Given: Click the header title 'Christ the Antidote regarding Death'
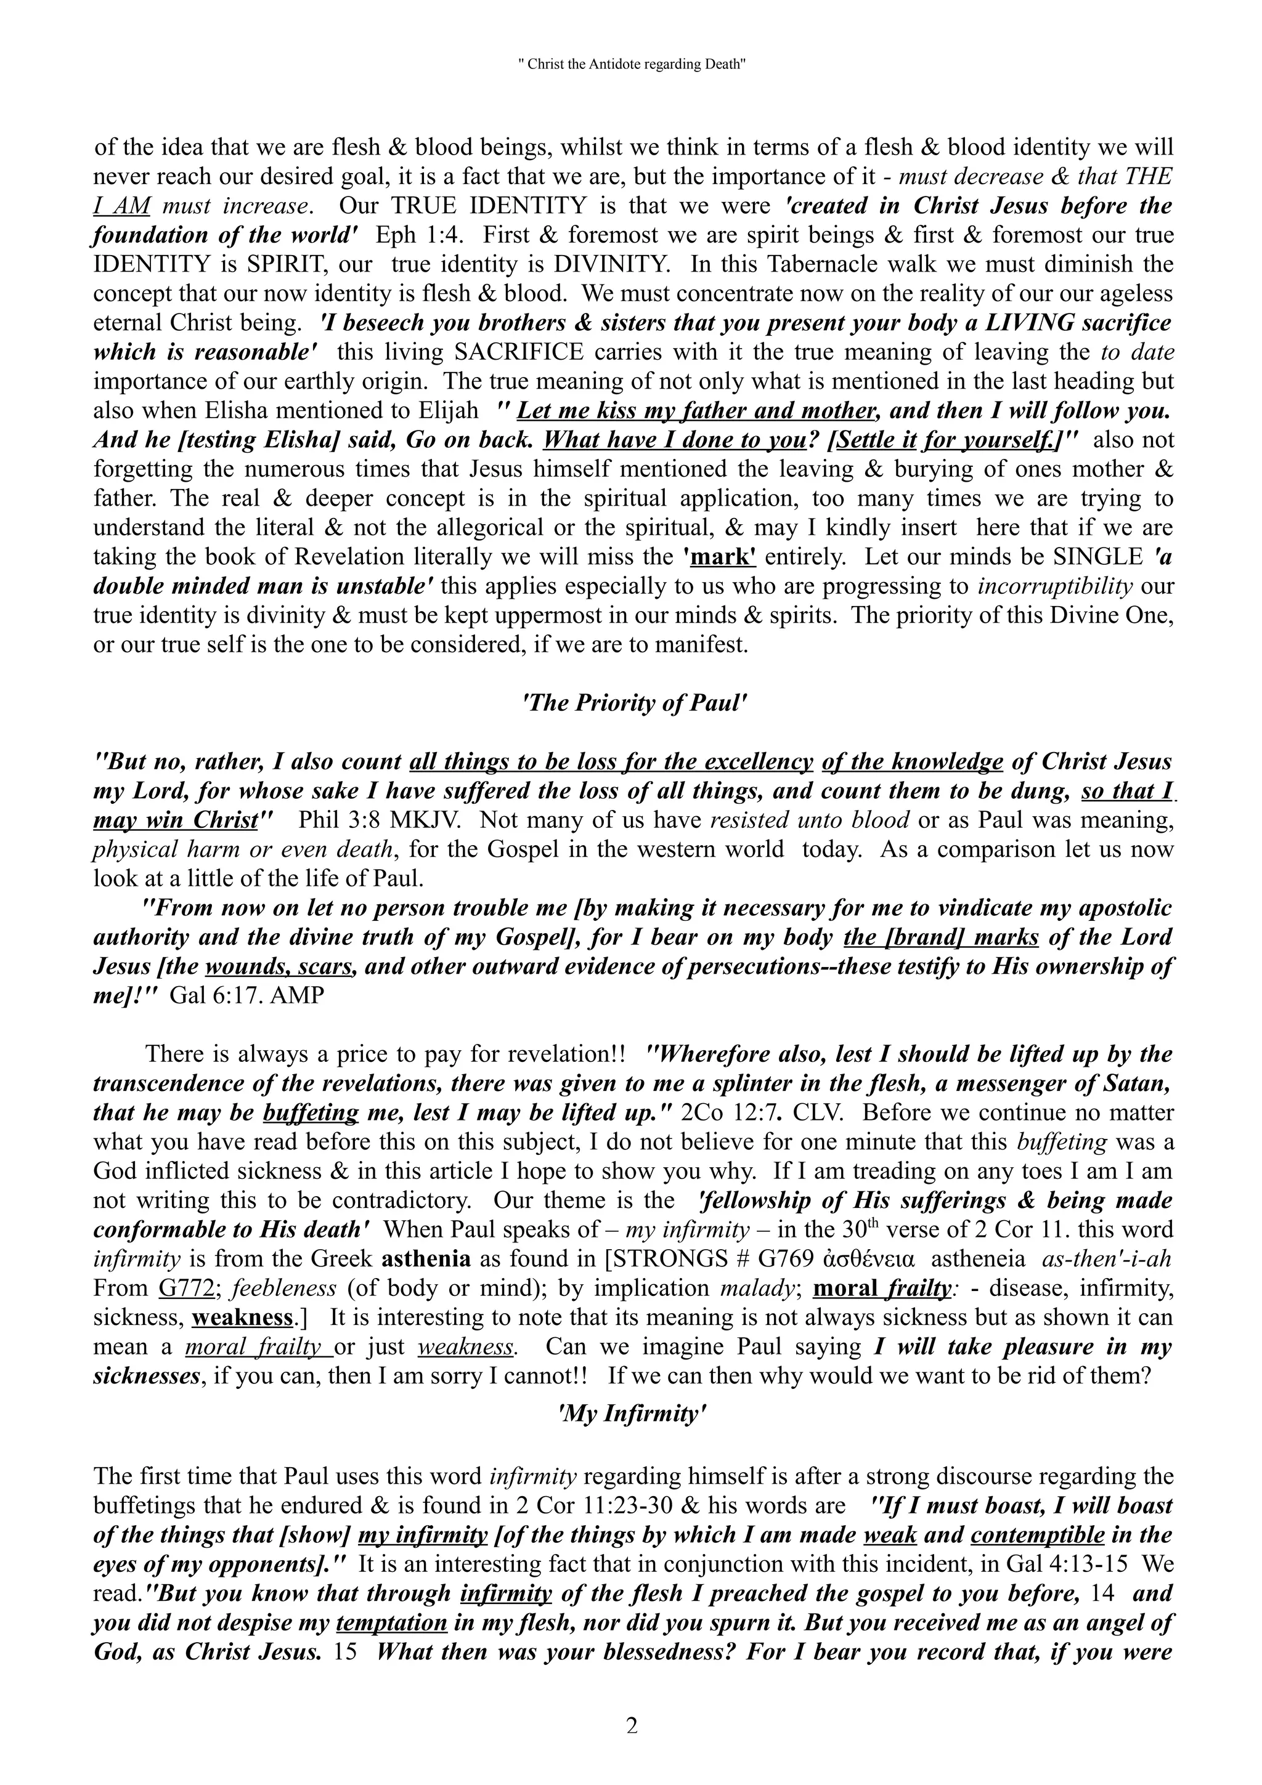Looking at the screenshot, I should [630, 65].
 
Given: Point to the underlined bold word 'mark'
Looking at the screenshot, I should [719, 557].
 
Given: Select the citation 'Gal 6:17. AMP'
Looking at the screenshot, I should [246, 995].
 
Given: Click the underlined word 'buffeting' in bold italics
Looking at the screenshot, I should [310, 1112].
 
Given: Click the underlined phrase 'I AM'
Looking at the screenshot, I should [121, 206].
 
